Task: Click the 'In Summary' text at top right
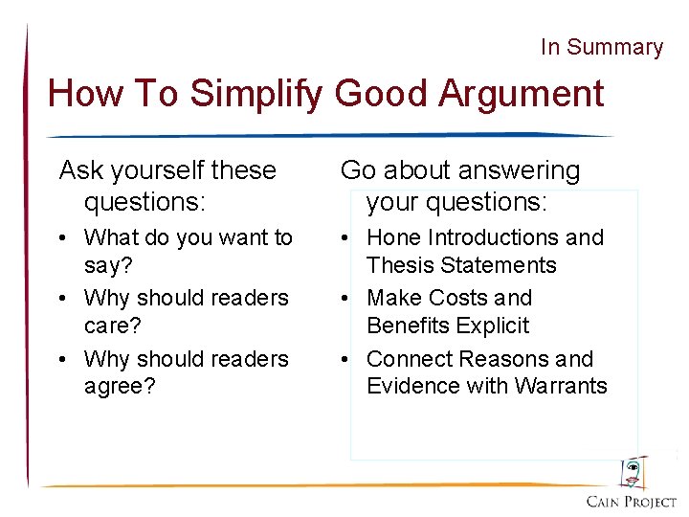[x=601, y=47]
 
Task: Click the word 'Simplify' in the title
[x=256, y=94]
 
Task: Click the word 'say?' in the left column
[x=109, y=264]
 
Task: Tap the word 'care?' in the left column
[x=113, y=326]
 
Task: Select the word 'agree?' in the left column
[x=120, y=386]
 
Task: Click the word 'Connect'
[x=410, y=359]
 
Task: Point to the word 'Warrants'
[x=563, y=386]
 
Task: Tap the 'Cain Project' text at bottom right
[x=631, y=502]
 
